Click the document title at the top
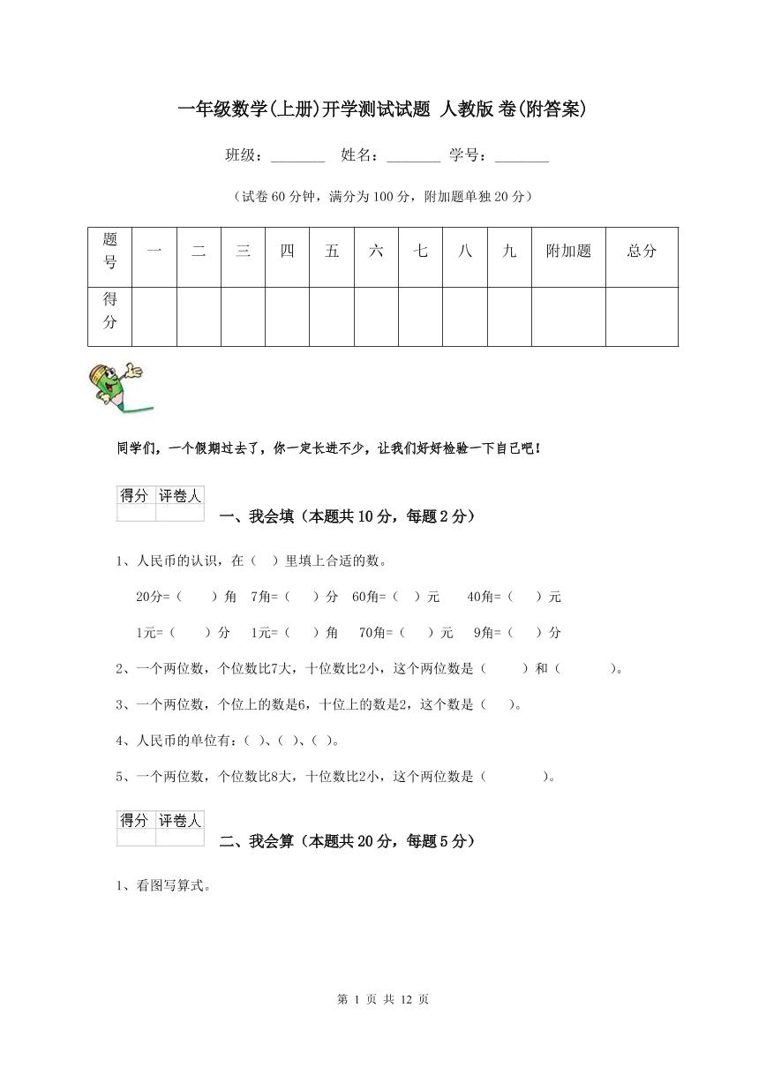(382, 109)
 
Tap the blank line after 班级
(297, 157)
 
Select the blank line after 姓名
(413, 157)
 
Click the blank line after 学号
(522, 157)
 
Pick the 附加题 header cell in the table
(568, 252)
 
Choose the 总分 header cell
(642, 252)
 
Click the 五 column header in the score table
(332, 252)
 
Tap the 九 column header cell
(509, 252)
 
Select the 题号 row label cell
(110, 251)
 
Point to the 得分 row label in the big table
(110, 311)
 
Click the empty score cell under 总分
(642, 316)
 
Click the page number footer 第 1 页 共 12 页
(383, 999)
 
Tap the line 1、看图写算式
(163, 887)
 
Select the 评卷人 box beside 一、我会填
(180, 496)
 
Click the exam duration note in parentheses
(382, 197)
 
